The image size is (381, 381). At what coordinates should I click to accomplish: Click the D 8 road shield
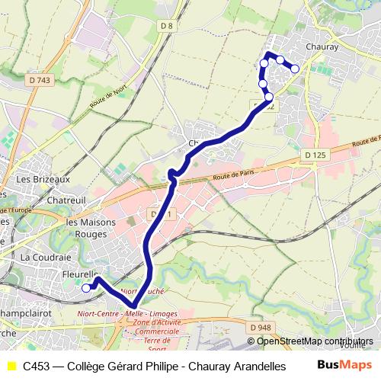click(x=168, y=27)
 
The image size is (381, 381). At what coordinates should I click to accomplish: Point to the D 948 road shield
click(x=259, y=328)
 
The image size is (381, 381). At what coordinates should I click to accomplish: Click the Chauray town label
click(x=321, y=46)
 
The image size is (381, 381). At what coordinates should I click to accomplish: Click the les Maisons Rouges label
click(x=88, y=228)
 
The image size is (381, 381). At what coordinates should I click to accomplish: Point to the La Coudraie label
click(x=45, y=257)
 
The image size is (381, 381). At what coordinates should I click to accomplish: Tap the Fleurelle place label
click(x=80, y=274)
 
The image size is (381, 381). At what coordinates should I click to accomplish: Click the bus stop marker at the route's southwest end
click(x=86, y=288)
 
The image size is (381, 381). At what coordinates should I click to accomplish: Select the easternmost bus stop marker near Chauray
click(x=295, y=69)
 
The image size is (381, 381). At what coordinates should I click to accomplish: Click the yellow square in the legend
click(x=11, y=367)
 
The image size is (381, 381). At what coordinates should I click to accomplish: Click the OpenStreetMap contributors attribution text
click(x=315, y=342)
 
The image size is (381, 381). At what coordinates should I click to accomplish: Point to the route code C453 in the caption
click(x=37, y=367)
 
